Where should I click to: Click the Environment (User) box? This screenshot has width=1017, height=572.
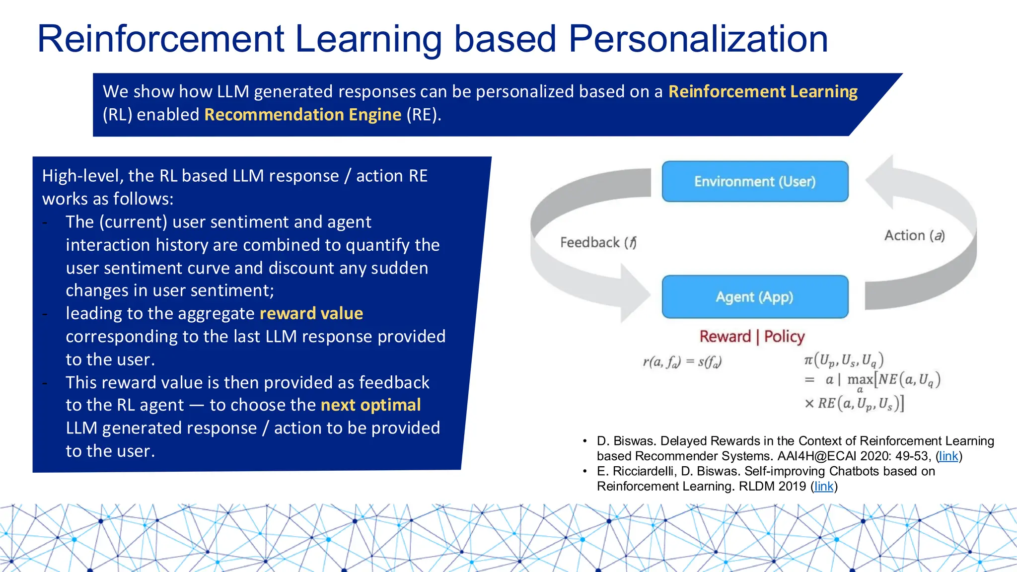pyautogui.click(x=755, y=181)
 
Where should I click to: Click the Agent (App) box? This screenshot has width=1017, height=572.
pyautogui.click(x=755, y=297)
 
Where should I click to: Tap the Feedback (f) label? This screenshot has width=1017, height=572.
pyautogui.click(x=598, y=242)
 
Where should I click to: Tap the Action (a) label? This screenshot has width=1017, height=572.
pyautogui.click(x=914, y=235)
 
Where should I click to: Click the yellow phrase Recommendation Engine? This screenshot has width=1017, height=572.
pyautogui.click(x=302, y=115)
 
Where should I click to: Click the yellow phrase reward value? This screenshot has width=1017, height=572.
pyautogui.click(x=311, y=313)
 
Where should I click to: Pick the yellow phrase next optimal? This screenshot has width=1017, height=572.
pyautogui.click(x=371, y=405)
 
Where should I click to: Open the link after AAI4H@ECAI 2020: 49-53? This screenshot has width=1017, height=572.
pyautogui.click(x=948, y=456)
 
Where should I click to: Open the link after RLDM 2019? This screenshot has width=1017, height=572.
pyautogui.click(x=824, y=486)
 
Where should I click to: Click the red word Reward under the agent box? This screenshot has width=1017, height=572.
pyautogui.click(x=725, y=337)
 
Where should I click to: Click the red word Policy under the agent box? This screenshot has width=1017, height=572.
pyautogui.click(x=784, y=337)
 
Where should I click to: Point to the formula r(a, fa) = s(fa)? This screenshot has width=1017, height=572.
pyautogui.click(x=682, y=362)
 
